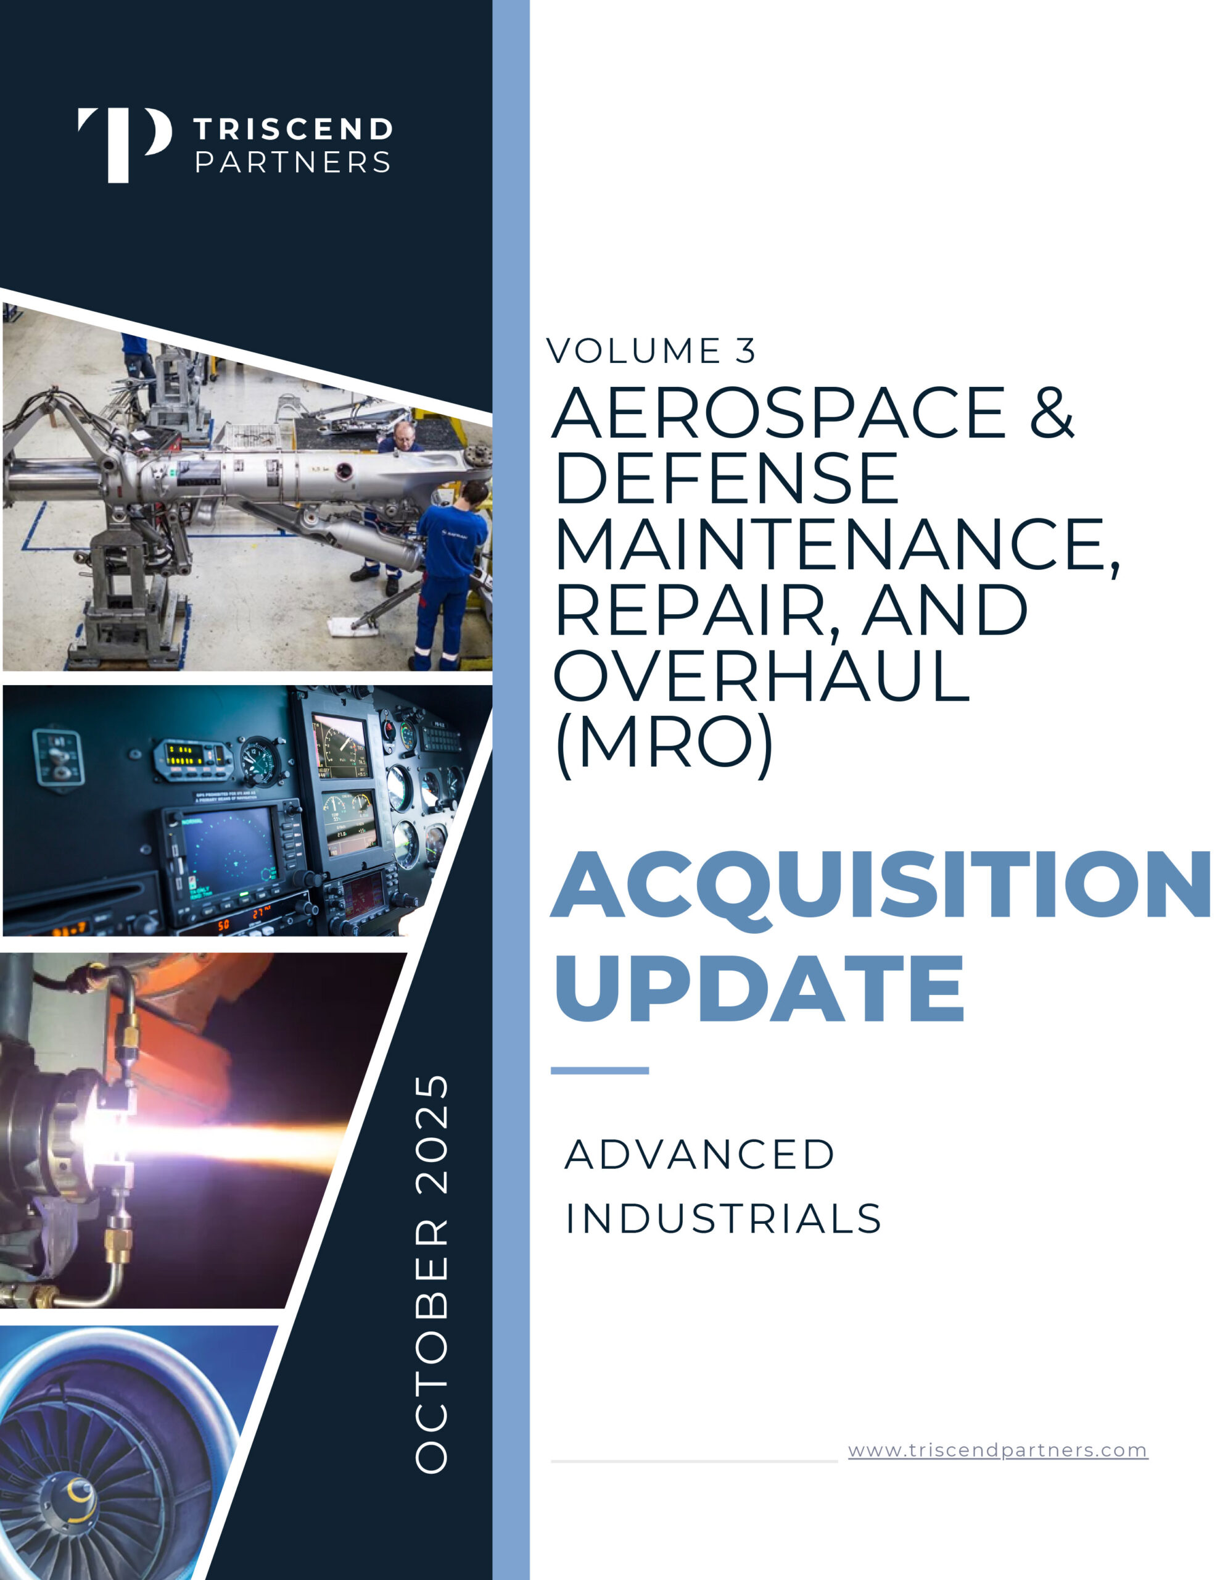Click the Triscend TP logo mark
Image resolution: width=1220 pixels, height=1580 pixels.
point(125,144)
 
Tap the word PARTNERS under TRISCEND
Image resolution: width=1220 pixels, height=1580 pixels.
point(293,162)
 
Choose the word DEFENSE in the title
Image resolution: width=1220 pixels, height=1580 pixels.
point(726,478)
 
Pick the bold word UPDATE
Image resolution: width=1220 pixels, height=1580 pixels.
point(759,987)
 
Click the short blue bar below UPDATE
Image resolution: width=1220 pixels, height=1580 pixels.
point(600,1071)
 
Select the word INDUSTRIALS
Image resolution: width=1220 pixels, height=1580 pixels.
point(723,1219)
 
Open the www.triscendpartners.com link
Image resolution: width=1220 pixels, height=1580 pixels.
point(998,1450)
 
